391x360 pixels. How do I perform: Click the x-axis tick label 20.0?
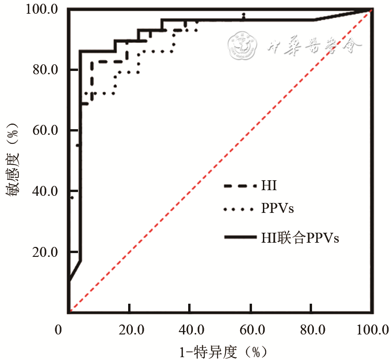[x=129, y=330]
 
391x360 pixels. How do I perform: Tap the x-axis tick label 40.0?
[x=189, y=330]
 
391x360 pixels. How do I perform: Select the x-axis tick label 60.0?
[x=250, y=330]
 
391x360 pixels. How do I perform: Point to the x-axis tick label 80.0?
[x=311, y=330]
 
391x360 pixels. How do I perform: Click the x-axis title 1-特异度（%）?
[x=220, y=351]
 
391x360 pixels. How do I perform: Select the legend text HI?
[x=269, y=185]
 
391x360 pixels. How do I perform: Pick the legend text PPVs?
[x=278, y=208]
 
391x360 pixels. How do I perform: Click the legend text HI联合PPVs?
[x=300, y=238]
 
